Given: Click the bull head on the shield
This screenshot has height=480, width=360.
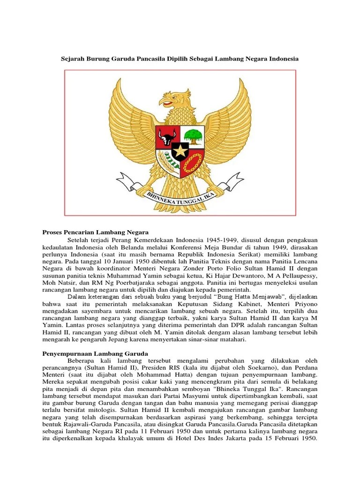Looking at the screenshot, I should tap(166, 136).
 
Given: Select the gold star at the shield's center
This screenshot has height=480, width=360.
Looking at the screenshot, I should tap(180, 151).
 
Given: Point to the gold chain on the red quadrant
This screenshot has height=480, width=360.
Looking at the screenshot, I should tap(192, 164).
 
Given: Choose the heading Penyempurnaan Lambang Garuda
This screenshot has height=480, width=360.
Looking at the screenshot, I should tap(96, 353).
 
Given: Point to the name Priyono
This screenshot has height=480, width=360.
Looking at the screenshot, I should tap(305, 304).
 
